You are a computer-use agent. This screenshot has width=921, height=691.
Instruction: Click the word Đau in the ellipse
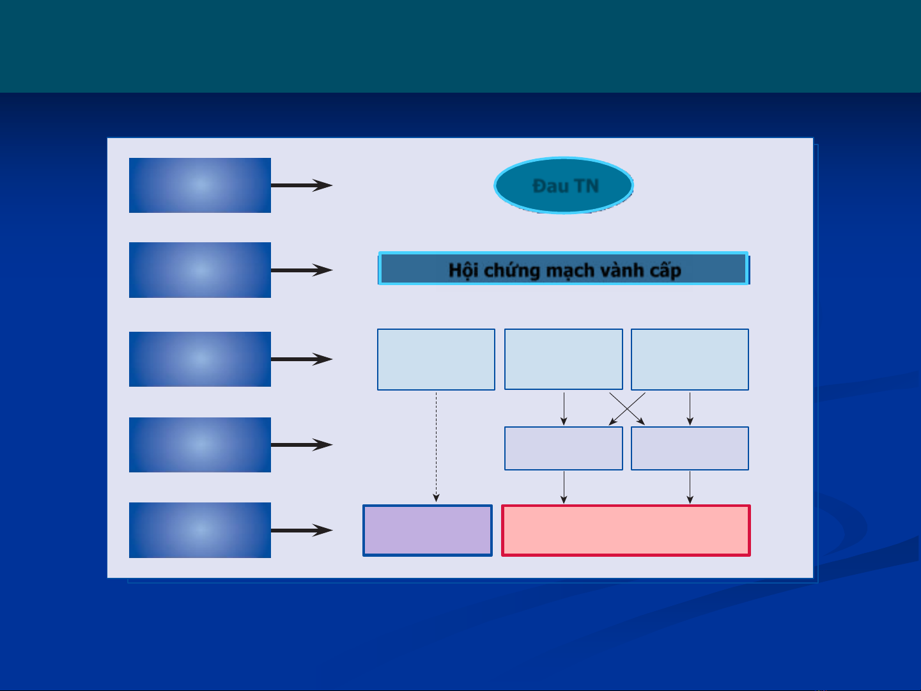(x=550, y=186)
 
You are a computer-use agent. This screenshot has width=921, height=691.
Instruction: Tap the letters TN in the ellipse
(x=586, y=186)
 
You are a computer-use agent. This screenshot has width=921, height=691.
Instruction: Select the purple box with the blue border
(x=427, y=531)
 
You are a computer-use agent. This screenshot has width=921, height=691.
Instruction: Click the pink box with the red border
(x=626, y=531)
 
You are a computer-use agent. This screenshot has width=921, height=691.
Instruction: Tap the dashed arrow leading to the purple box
(x=436, y=447)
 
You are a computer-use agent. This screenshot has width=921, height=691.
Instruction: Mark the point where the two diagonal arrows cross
(x=627, y=408)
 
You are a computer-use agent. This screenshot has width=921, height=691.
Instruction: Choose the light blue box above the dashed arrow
(x=436, y=359)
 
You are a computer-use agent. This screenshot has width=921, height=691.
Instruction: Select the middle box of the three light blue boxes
(x=564, y=359)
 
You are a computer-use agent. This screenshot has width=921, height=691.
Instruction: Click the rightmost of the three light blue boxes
(x=690, y=359)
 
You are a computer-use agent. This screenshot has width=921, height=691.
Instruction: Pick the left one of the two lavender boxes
(x=564, y=448)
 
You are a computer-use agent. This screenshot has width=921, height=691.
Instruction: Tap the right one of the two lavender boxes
(x=690, y=448)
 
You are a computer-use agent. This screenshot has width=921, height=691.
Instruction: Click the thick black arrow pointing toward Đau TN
(x=302, y=185)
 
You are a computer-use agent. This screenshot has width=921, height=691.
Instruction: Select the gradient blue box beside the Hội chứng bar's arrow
(x=199, y=270)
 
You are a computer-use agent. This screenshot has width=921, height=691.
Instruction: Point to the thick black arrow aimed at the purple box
(x=302, y=531)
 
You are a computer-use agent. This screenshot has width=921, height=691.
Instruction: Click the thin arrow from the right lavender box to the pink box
(x=690, y=487)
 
